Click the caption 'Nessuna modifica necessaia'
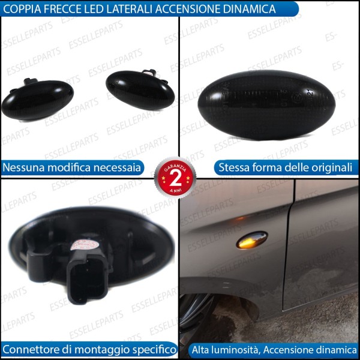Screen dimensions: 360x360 (72, 167)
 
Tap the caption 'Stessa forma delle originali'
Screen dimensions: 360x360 (285, 167)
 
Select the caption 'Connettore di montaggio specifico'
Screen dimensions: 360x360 (89, 349)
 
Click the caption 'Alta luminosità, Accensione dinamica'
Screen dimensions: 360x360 (274, 349)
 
